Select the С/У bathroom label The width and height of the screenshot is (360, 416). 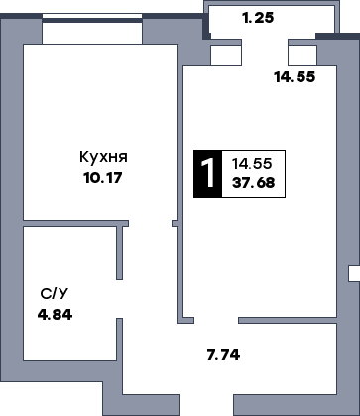tap(55, 295)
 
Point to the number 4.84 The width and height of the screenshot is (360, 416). tap(55, 314)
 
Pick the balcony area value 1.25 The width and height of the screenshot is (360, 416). tap(258, 18)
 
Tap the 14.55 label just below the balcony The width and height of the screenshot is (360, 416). tap(294, 76)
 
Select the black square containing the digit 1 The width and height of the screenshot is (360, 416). tap(206, 172)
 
